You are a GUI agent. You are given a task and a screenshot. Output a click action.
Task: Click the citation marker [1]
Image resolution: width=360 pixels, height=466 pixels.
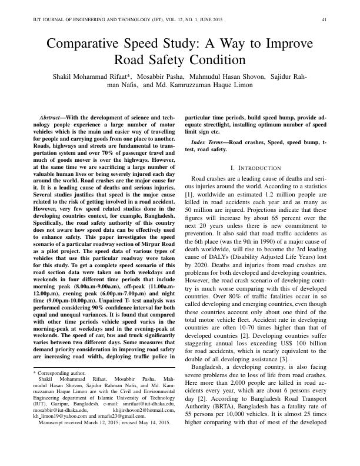pyautogui.click(x=189, y=194)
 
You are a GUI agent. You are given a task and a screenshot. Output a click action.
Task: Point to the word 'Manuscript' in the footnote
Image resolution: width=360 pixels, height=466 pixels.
pyautogui.click(x=51, y=422)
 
